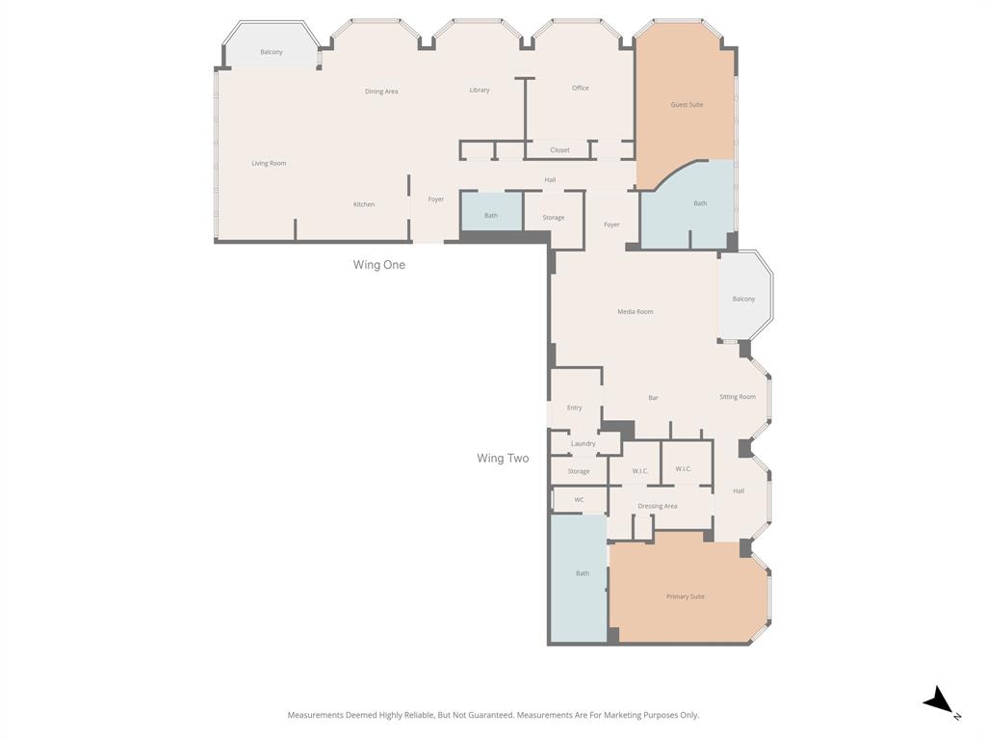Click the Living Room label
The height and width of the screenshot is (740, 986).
269,164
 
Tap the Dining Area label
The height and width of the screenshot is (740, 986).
381,92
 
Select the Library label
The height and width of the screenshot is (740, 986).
480,91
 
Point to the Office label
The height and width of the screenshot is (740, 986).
580,89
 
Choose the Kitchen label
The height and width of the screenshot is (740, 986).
364,204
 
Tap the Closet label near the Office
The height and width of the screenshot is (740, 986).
559,150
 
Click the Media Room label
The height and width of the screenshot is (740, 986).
636,312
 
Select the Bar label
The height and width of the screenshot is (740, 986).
653,398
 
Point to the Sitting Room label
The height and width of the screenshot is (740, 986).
738,397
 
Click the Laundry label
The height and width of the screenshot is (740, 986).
583,444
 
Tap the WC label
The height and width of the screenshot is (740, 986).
579,500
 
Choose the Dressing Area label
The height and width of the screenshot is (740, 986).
658,506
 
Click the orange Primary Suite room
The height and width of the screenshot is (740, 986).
686,596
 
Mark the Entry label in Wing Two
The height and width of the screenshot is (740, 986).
574,408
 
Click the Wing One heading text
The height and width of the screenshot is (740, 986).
379,265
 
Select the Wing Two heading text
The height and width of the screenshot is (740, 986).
503,459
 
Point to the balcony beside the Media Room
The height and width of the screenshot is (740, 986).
744,299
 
